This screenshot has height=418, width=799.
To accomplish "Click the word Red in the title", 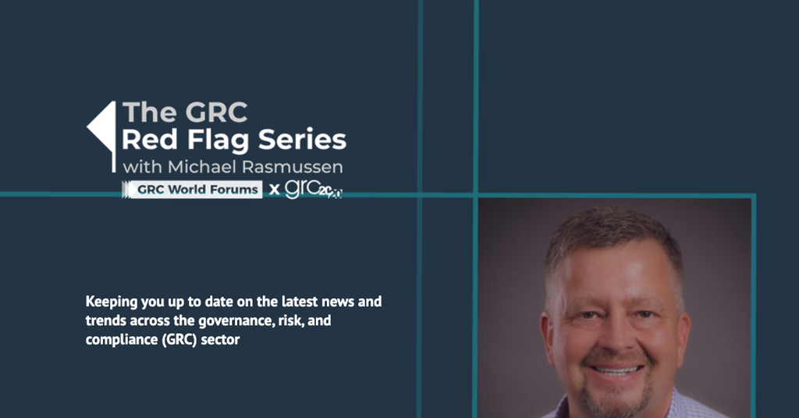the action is click(150, 139).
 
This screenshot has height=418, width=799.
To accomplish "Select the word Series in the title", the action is click(302, 139).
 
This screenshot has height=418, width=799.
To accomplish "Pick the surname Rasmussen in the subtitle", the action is click(292, 167).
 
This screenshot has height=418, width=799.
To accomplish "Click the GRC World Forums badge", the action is click(192, 190).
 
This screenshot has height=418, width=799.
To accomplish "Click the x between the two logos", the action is click(274, 190).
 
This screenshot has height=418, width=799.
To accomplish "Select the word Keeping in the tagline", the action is click(111, 302).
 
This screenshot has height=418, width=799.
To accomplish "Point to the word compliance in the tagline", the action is click(122, 340).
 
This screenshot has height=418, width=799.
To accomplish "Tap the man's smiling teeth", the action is click(616, 370).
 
